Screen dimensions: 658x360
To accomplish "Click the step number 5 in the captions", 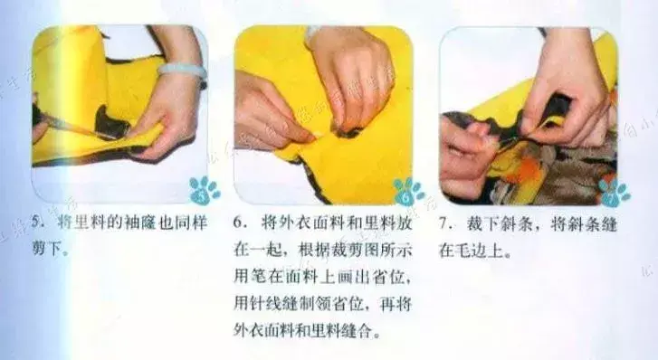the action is point(37,222).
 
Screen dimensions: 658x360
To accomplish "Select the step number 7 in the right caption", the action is point(443,223).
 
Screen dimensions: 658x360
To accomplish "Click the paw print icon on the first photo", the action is point(204,191).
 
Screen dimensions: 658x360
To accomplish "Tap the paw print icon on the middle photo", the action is point(407,192).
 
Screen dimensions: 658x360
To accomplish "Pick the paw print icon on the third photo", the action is point(614,192).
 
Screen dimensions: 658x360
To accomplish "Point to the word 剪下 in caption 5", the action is point(46,250).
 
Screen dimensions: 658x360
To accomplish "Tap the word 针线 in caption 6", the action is point(265,304).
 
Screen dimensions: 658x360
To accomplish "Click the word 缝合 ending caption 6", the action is point(358,331).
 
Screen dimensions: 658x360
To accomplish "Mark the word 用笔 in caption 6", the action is point(248,277).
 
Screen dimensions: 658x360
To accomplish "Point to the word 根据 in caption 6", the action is point(314,250).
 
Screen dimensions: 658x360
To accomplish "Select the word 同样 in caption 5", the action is point(190,223).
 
